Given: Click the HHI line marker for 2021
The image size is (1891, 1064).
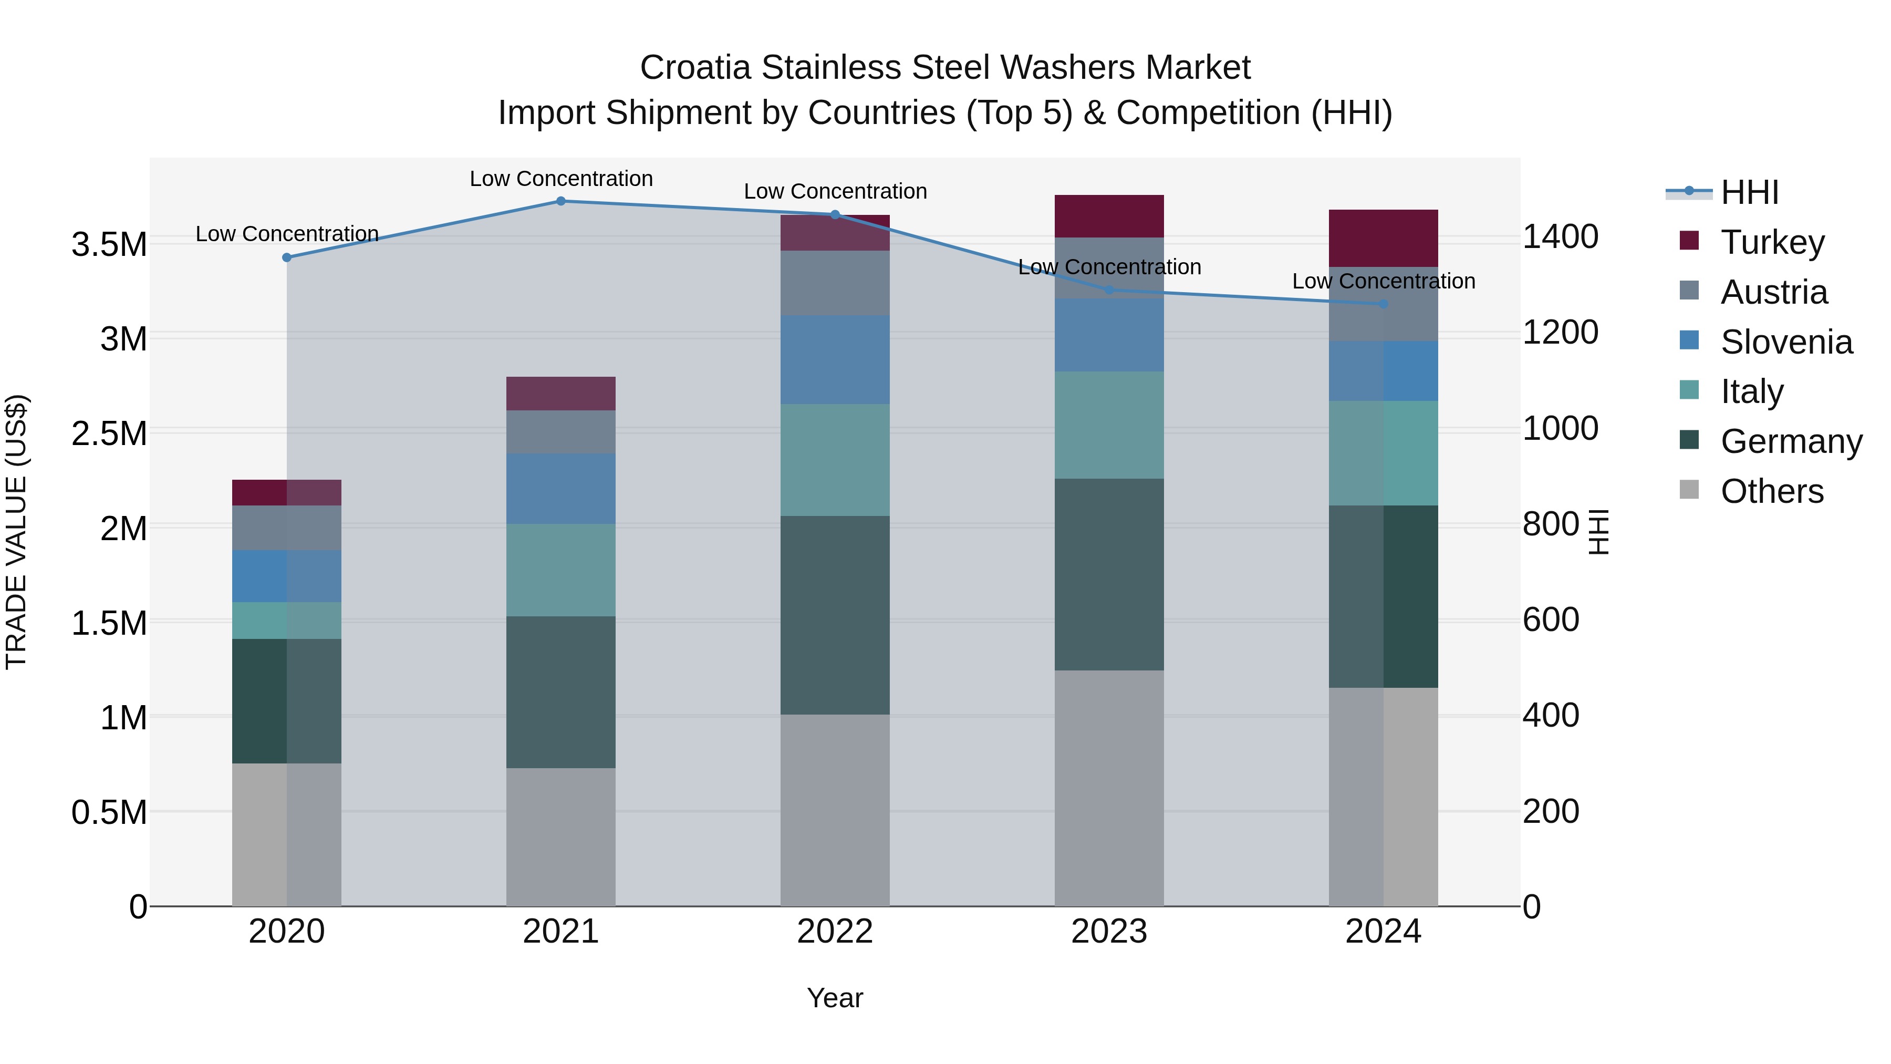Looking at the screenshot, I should (x=561, y=201).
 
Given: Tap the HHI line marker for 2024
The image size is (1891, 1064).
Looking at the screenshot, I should (x=1383, y=304).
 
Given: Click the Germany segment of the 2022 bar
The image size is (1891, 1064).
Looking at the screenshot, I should (x=835, y=615).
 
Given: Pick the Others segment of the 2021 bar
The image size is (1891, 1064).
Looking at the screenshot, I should (x=561, y=836).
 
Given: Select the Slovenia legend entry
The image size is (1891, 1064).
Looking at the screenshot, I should (x=1786, y=342).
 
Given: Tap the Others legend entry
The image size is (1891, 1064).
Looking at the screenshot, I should (x=1771, y=491).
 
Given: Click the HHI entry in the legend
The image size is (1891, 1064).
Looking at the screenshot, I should (x=1749, y=192).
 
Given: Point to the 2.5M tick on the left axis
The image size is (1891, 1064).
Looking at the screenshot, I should (x=109, y=433).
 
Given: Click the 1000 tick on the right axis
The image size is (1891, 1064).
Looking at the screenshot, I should (x=1560, y=428).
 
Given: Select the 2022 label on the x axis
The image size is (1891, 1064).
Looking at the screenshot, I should (x=835, y=932).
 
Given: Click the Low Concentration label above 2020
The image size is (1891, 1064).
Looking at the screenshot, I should (x=287, y=233).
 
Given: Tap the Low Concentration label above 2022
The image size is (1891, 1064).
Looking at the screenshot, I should (x=835, y=191).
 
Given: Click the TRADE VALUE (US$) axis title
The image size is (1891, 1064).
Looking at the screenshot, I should (x=16, y=532).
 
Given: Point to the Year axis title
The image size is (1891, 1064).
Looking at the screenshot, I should (x=835, y=998).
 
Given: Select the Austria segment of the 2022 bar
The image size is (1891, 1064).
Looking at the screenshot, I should (x=835, y=283).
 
